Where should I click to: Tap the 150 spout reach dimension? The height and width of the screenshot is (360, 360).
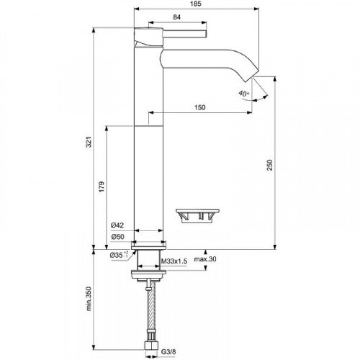pyautogui.click(x=200, y=107)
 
